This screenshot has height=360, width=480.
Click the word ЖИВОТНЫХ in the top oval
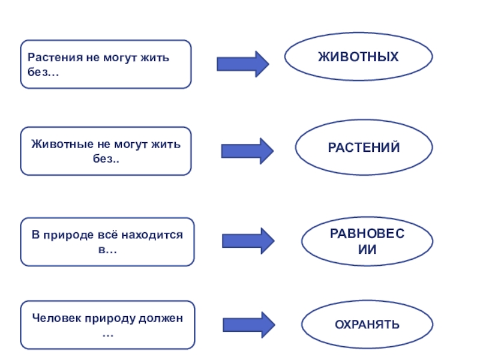[358, 57]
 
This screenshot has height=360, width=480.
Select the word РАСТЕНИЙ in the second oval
[364, 147]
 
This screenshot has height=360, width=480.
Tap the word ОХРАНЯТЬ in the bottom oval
[367, 325]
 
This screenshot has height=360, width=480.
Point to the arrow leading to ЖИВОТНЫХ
[243, 64]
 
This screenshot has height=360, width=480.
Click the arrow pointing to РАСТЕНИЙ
[247, 151]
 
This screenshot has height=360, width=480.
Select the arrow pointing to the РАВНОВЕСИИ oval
[248, 241]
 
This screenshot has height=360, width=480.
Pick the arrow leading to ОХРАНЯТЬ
[248, 325]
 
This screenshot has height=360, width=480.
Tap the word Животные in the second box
[55, 145]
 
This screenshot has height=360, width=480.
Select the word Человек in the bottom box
[55, 319]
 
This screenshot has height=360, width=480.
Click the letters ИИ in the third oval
[367, 249]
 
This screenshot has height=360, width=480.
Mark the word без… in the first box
[43, 71]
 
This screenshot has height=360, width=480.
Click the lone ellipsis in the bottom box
[107, 333]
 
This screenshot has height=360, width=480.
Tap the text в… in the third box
[107, 249]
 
